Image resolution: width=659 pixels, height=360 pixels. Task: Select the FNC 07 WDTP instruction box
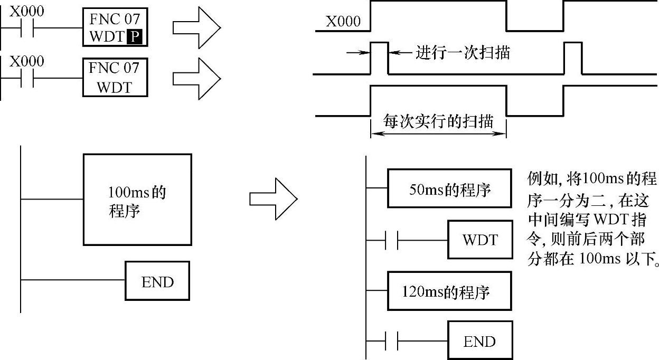click(115, 28)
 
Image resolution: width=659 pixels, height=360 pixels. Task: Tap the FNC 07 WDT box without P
click(115, 77)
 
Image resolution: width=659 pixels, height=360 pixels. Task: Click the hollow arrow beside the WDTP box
click(196, 28)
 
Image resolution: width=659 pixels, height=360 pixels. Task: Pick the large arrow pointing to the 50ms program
click(273, 200)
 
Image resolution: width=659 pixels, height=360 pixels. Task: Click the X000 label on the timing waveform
click(343, 21)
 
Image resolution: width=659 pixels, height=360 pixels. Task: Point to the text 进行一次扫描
click(463, 53)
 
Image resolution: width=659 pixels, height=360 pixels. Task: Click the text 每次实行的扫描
click(438, 122)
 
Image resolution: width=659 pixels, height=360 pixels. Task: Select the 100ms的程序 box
click(137, 200)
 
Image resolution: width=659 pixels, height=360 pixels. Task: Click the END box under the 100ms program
click(157, 281)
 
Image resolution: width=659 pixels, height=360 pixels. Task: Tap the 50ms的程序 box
click(449, 188)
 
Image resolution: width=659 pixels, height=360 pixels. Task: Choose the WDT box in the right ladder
click(480, 240)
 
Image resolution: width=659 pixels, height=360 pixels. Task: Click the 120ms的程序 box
click(449, 291)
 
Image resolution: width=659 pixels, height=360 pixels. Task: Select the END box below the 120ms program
click(480, 341)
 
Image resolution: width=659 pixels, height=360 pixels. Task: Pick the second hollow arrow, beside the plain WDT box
click(196, 77)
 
